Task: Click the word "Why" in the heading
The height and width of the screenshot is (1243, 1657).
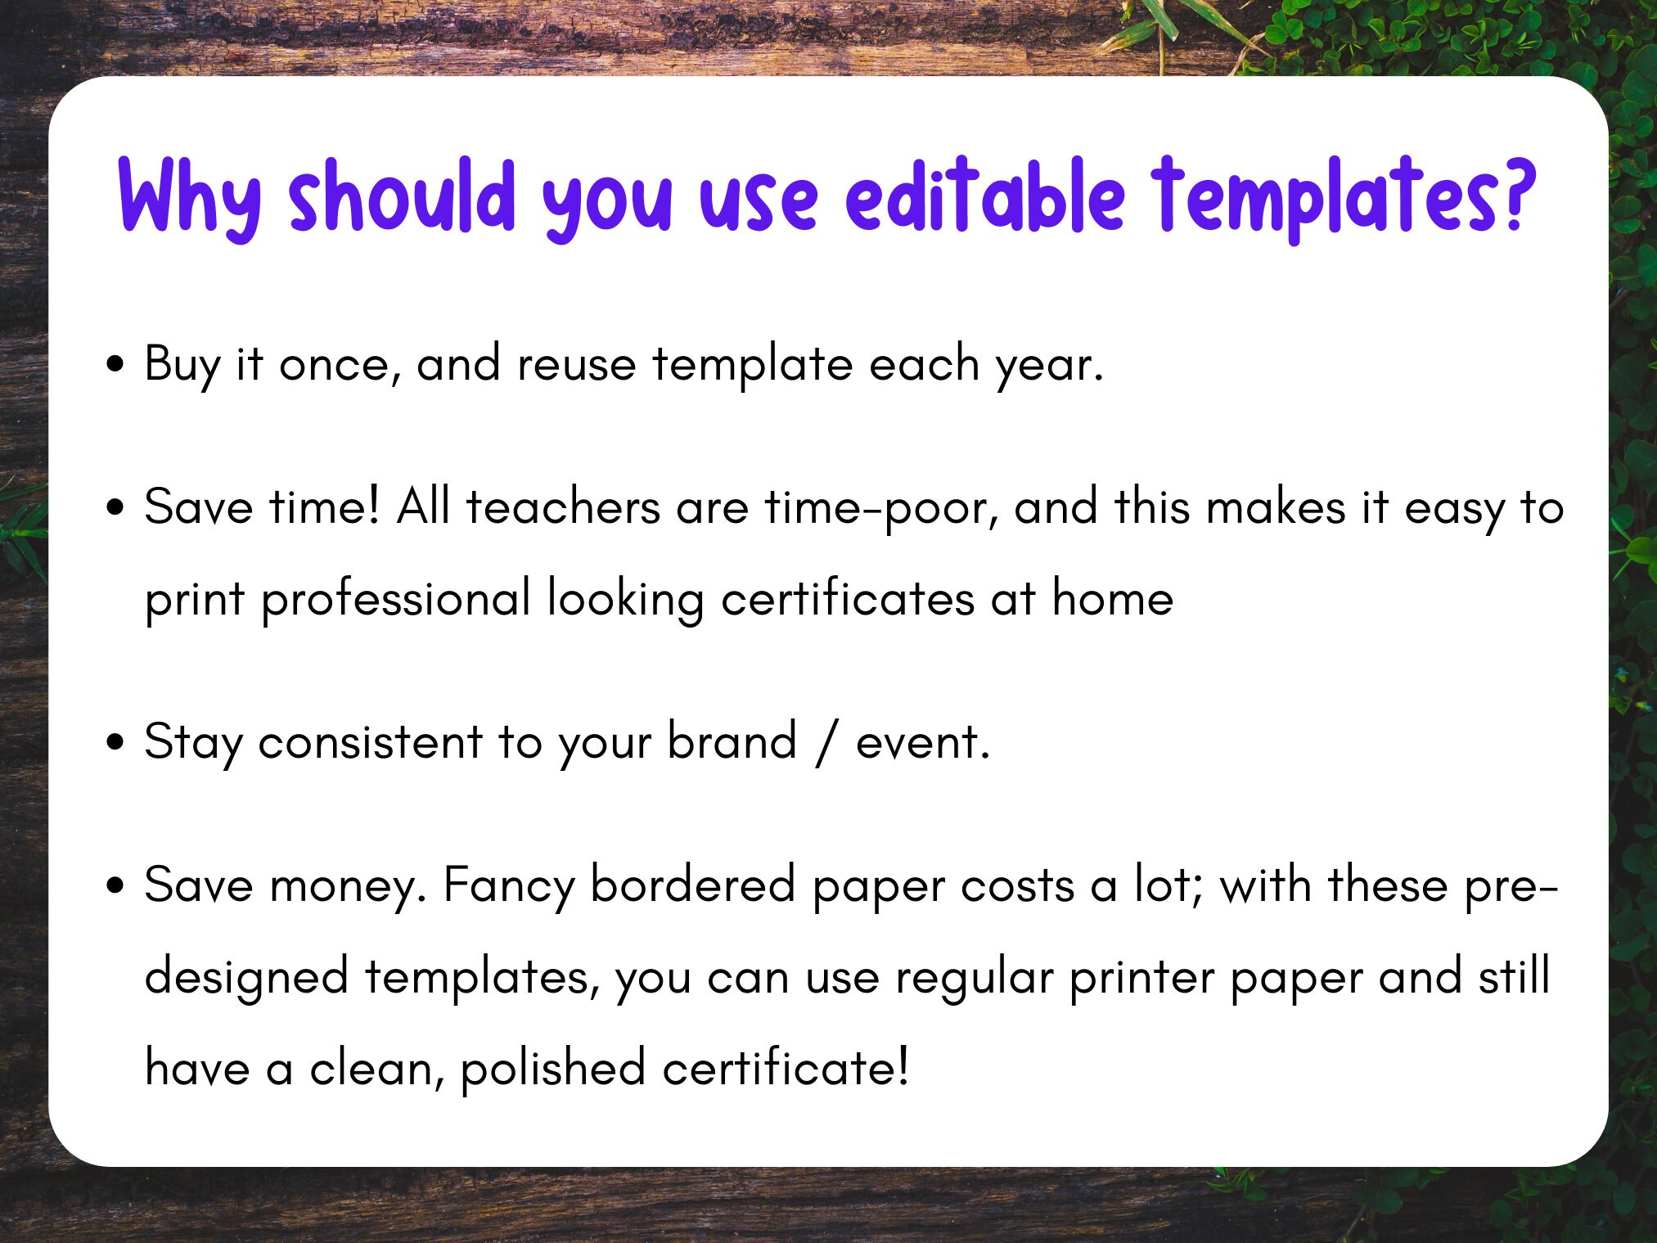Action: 190,196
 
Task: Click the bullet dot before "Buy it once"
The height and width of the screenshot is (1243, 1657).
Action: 116,364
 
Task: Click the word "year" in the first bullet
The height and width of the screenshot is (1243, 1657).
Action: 1048,366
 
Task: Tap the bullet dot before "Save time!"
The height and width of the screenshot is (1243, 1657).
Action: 116,507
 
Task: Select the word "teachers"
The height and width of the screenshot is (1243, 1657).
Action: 563,507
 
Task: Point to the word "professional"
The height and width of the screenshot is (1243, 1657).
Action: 396,599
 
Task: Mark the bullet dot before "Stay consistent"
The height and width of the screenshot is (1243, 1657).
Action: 116,742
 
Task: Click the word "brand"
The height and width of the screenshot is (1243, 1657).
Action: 732,741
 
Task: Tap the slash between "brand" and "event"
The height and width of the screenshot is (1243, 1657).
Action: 826,743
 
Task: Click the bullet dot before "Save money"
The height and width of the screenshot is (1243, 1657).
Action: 116,885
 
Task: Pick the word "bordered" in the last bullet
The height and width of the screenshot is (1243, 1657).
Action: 692,885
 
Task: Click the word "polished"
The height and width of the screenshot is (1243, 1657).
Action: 552,1069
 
